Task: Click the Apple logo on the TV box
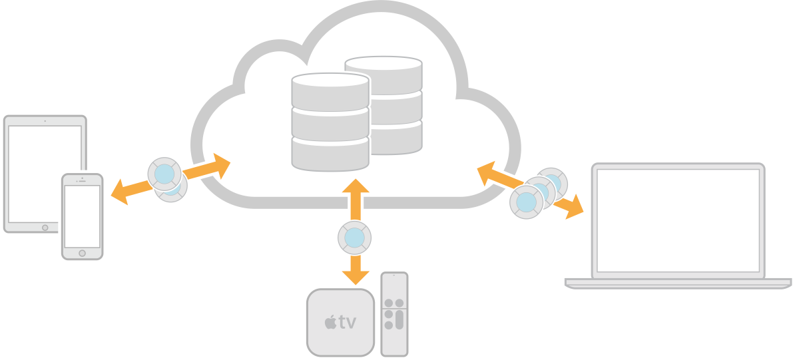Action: (x=330, y=323)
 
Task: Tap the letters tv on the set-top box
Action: (x=347, y=323)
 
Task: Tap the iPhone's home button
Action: (x=82, y=253)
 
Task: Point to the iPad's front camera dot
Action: (x=45, y=121)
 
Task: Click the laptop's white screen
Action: (x=678, y=219)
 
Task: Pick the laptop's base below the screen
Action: (x=678, y=282)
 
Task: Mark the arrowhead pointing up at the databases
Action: (x=356, y=186)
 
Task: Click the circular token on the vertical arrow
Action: (x=355, y=238)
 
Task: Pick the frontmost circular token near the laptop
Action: (x=527, y=202)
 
